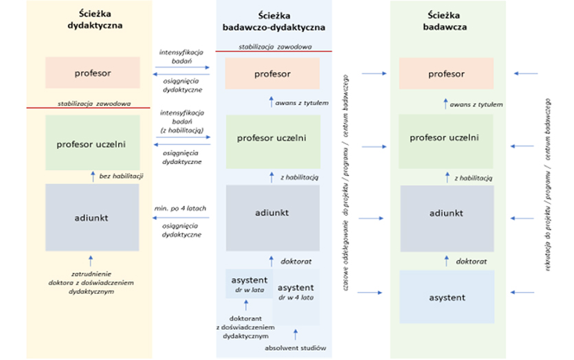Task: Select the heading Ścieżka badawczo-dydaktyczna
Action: click(274, 21)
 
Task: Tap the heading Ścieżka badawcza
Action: click(447, 21)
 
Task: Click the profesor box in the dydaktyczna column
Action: click(93, 73)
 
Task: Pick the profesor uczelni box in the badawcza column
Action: click(447, 137)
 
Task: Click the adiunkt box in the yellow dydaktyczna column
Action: click(92, 217)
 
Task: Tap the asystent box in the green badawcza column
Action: click(447, 297)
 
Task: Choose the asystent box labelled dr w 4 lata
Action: click(296, 293)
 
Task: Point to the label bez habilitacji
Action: click(120, 177)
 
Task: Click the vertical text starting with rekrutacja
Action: click(549, 180)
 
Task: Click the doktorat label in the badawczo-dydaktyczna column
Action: click(296, 261)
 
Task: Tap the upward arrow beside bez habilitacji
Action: click(93, 177)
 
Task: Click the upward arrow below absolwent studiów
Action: click(296, 336)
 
